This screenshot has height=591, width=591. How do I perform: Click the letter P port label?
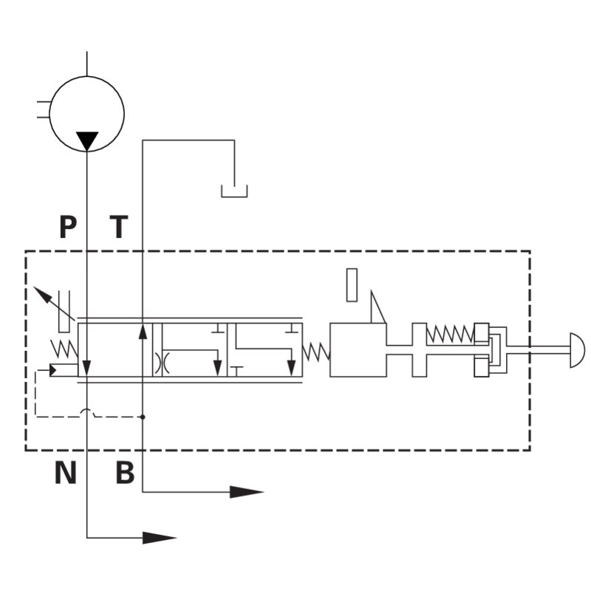68,227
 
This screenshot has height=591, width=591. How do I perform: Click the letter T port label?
119,227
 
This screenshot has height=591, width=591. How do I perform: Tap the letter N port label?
66,472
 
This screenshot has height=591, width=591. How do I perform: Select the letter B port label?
125,472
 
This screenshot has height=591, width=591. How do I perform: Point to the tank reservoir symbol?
234,191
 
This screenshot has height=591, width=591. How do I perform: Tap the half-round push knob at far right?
578,350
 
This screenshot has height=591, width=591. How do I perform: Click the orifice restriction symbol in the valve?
162,363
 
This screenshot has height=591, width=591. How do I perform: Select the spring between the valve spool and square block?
316,352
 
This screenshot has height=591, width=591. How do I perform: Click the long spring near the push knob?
450,334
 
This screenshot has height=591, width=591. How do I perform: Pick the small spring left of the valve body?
64,349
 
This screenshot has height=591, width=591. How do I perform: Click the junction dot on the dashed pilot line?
143,417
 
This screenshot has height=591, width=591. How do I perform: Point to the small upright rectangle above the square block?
352,285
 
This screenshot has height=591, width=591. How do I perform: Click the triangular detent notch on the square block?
378,307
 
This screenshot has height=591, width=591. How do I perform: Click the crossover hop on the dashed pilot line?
87,412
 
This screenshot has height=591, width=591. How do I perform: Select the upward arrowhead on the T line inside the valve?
143,332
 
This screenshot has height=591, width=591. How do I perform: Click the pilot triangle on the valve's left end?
53,371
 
